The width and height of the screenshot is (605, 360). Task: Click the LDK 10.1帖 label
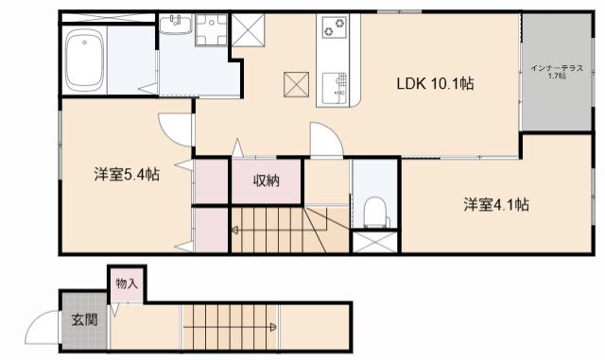(435, 83)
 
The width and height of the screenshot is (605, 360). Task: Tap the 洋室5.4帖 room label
(127, 175)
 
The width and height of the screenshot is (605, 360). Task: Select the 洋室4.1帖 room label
(496, 204)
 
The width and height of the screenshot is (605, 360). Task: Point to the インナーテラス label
(557, 68)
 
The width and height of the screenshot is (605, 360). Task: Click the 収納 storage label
(266, 180)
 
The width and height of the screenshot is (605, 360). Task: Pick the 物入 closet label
(127, 284)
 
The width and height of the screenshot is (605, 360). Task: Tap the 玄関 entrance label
(84, 319)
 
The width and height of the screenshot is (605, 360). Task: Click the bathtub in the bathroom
(84, 60)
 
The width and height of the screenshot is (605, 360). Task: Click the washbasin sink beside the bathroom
(175, 25)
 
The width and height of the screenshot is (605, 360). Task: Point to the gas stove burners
(334, 27)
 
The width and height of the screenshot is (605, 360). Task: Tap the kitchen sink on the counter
(334, 88)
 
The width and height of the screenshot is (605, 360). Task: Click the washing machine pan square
(211, 30)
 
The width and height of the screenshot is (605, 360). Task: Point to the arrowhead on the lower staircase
(273, 327)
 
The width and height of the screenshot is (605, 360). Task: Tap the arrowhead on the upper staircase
(234, 231)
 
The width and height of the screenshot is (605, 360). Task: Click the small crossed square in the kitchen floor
(296, 84)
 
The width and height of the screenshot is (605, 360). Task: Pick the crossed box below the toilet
(375, 242)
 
